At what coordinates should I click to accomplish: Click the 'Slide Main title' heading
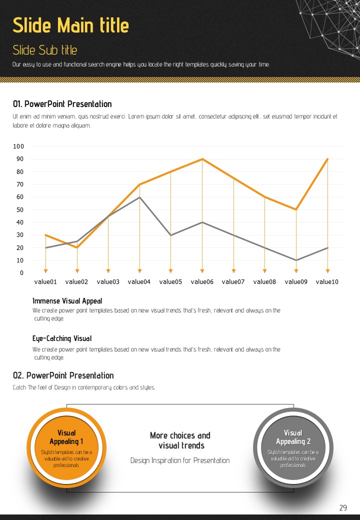(70, 25)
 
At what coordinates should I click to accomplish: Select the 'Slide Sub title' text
(45, 50)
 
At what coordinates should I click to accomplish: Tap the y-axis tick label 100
(18, 146)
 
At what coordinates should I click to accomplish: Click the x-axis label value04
(139, 282)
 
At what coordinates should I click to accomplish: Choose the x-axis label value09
(296, 282)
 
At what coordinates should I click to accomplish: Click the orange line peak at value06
(202, 159)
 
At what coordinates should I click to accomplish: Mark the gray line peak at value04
(139, 197)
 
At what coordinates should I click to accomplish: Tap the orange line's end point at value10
(327, 159)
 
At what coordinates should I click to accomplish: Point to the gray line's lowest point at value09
(296, 260)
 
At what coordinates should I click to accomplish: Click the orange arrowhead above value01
(45, 270)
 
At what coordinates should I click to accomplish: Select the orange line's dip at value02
(77, 247)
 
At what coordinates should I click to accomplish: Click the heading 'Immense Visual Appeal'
(67, 301)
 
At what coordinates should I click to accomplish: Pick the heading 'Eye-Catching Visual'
(62, 338)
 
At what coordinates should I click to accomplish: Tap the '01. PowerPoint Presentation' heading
(62, 104)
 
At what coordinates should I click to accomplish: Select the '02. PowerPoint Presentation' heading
(63, 375)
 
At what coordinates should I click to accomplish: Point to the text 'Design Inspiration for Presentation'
(180, 460)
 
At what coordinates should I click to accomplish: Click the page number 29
(343, 508)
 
